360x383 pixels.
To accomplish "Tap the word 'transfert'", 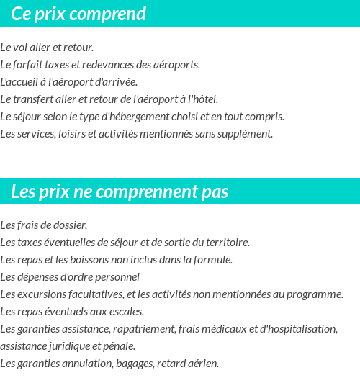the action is [x=33, y=99].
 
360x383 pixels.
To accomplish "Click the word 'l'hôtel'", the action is [x=203, y=99].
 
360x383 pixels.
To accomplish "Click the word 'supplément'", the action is [x=248, y=134].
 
